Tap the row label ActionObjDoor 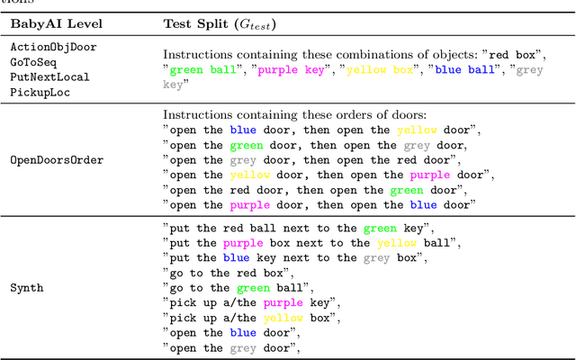tap(53, 47)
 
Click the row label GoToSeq tap(33, 62)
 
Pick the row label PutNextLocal tap(49, 77)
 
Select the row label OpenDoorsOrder tap(56, 160)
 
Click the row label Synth tap(27, 288)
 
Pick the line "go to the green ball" tap(238, 288)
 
